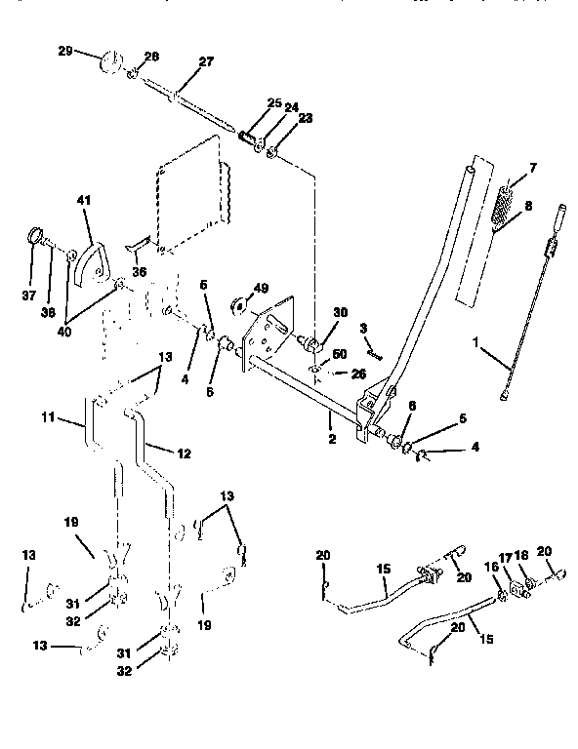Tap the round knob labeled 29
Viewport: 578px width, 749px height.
coord(109,66)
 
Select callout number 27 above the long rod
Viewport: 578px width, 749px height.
coord(205,60)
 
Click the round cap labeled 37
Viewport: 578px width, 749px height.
coord(35,237)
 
